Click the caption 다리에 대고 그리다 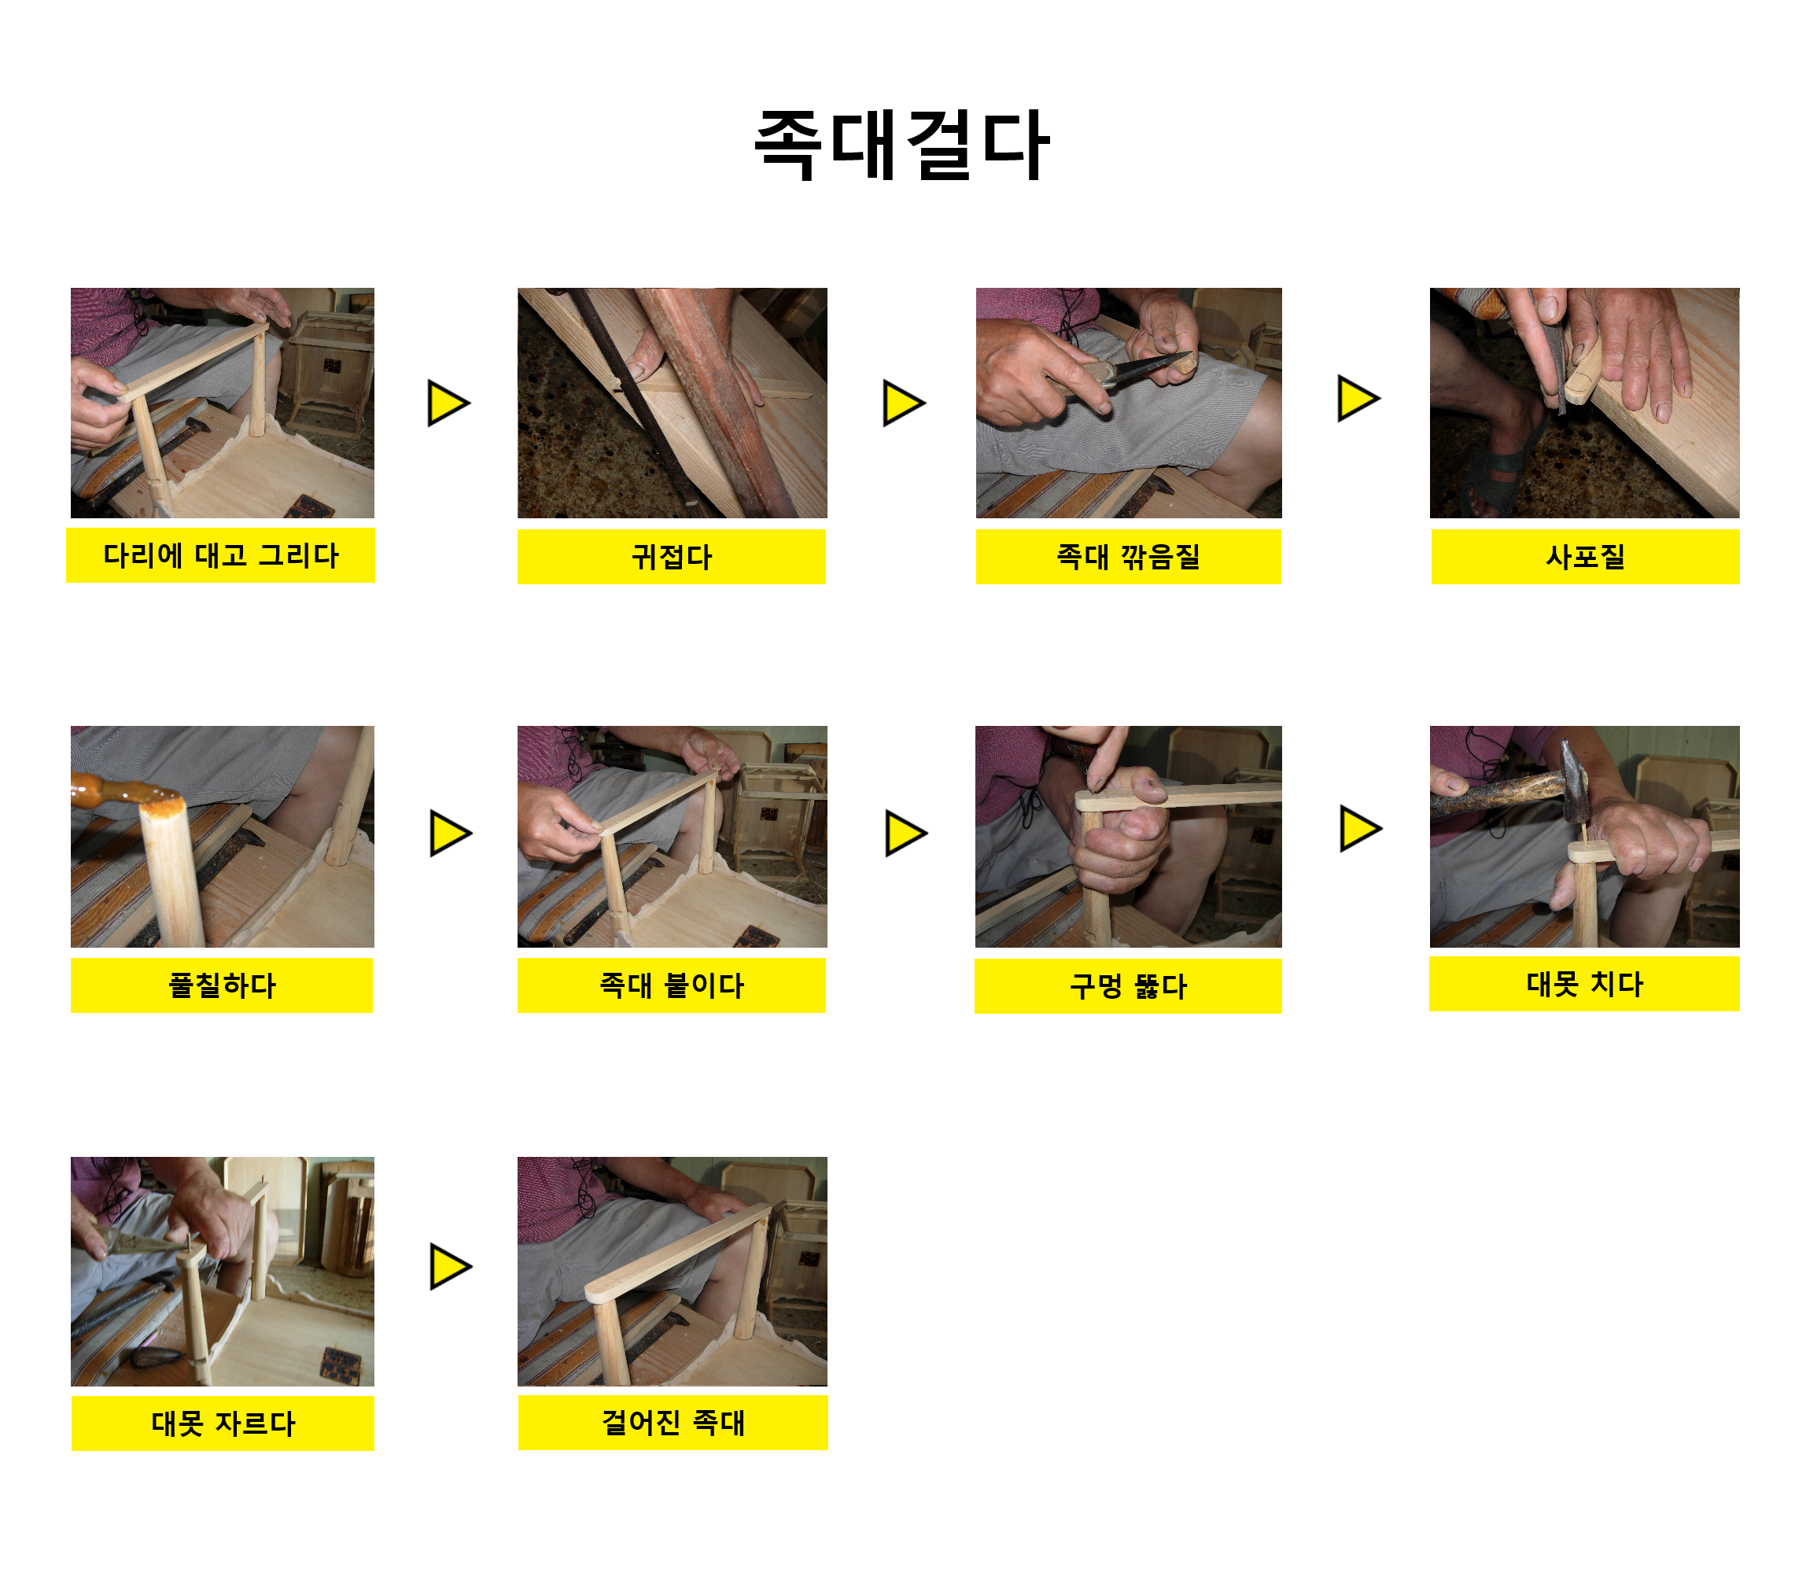pos(220,555)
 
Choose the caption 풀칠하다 pos(222,985)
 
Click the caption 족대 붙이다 pos(672,985)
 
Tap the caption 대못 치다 pos(1585,984)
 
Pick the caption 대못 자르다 pos(223,1423)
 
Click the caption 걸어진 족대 pos(673,1422)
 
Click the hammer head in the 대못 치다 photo pos(1574,780)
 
